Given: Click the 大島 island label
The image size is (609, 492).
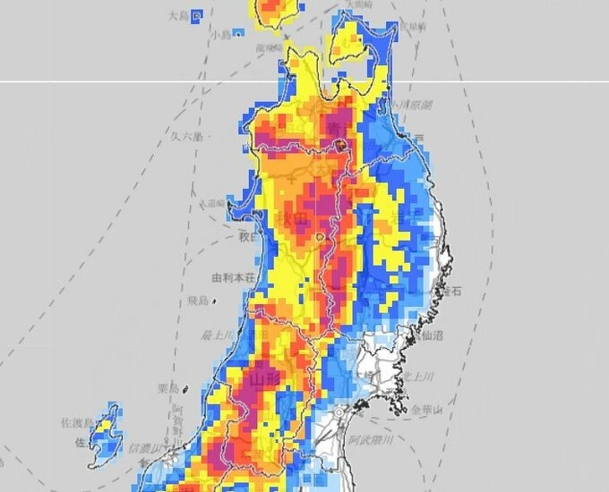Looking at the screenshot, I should (x=179, y=15).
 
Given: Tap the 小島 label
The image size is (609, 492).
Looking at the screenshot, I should (x=220, y=34).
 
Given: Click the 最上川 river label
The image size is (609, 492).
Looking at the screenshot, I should (x=218, y=335).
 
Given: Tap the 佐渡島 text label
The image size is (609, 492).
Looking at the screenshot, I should (x=76, y=421).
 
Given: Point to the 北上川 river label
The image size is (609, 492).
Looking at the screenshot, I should (x=418, y=376).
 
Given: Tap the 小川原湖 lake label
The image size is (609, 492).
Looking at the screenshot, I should (x=416, y=105).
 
